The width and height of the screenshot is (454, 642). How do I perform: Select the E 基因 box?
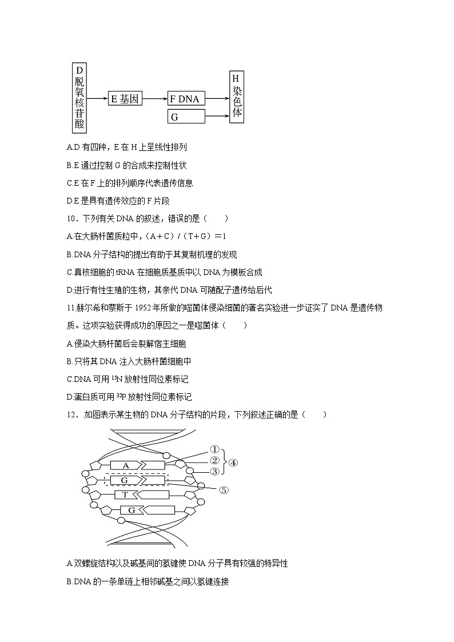point(125,99)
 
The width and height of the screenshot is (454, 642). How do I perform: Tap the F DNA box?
point(185,99)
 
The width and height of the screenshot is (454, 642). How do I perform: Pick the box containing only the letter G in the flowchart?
point(185,117)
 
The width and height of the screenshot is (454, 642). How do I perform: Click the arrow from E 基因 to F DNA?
point(154,99)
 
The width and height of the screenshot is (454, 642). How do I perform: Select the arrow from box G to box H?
point(217,117)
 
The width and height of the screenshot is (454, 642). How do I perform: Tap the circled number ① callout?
point(214,450)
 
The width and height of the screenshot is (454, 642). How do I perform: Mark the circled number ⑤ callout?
point(224,490)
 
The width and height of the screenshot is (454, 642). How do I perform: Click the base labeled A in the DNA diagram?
point(126,465)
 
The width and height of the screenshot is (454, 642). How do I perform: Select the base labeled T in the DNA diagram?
point(125,495)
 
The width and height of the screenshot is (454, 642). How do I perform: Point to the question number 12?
point(71,415)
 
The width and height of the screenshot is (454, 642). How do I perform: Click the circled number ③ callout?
point(214,472)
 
